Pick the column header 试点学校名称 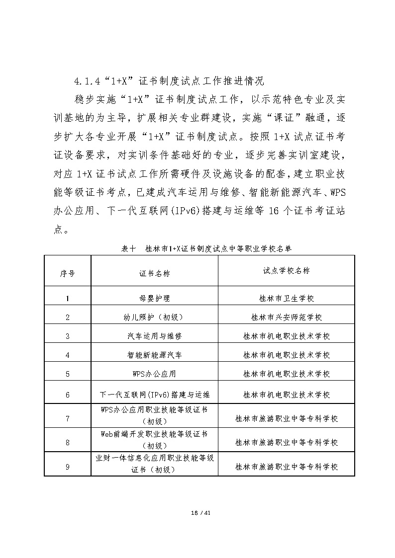[286, 271]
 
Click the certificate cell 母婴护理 [154, 299]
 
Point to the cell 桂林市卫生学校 [286, 299]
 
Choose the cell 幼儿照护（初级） [154, 318]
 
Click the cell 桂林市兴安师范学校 [286, 318]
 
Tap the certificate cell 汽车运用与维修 [154, 336]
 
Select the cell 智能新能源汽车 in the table [154, 355]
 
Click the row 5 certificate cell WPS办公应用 [154, 374]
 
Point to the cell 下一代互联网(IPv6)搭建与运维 [154, 395]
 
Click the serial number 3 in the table [68, 336]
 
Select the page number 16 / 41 [197, 512]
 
